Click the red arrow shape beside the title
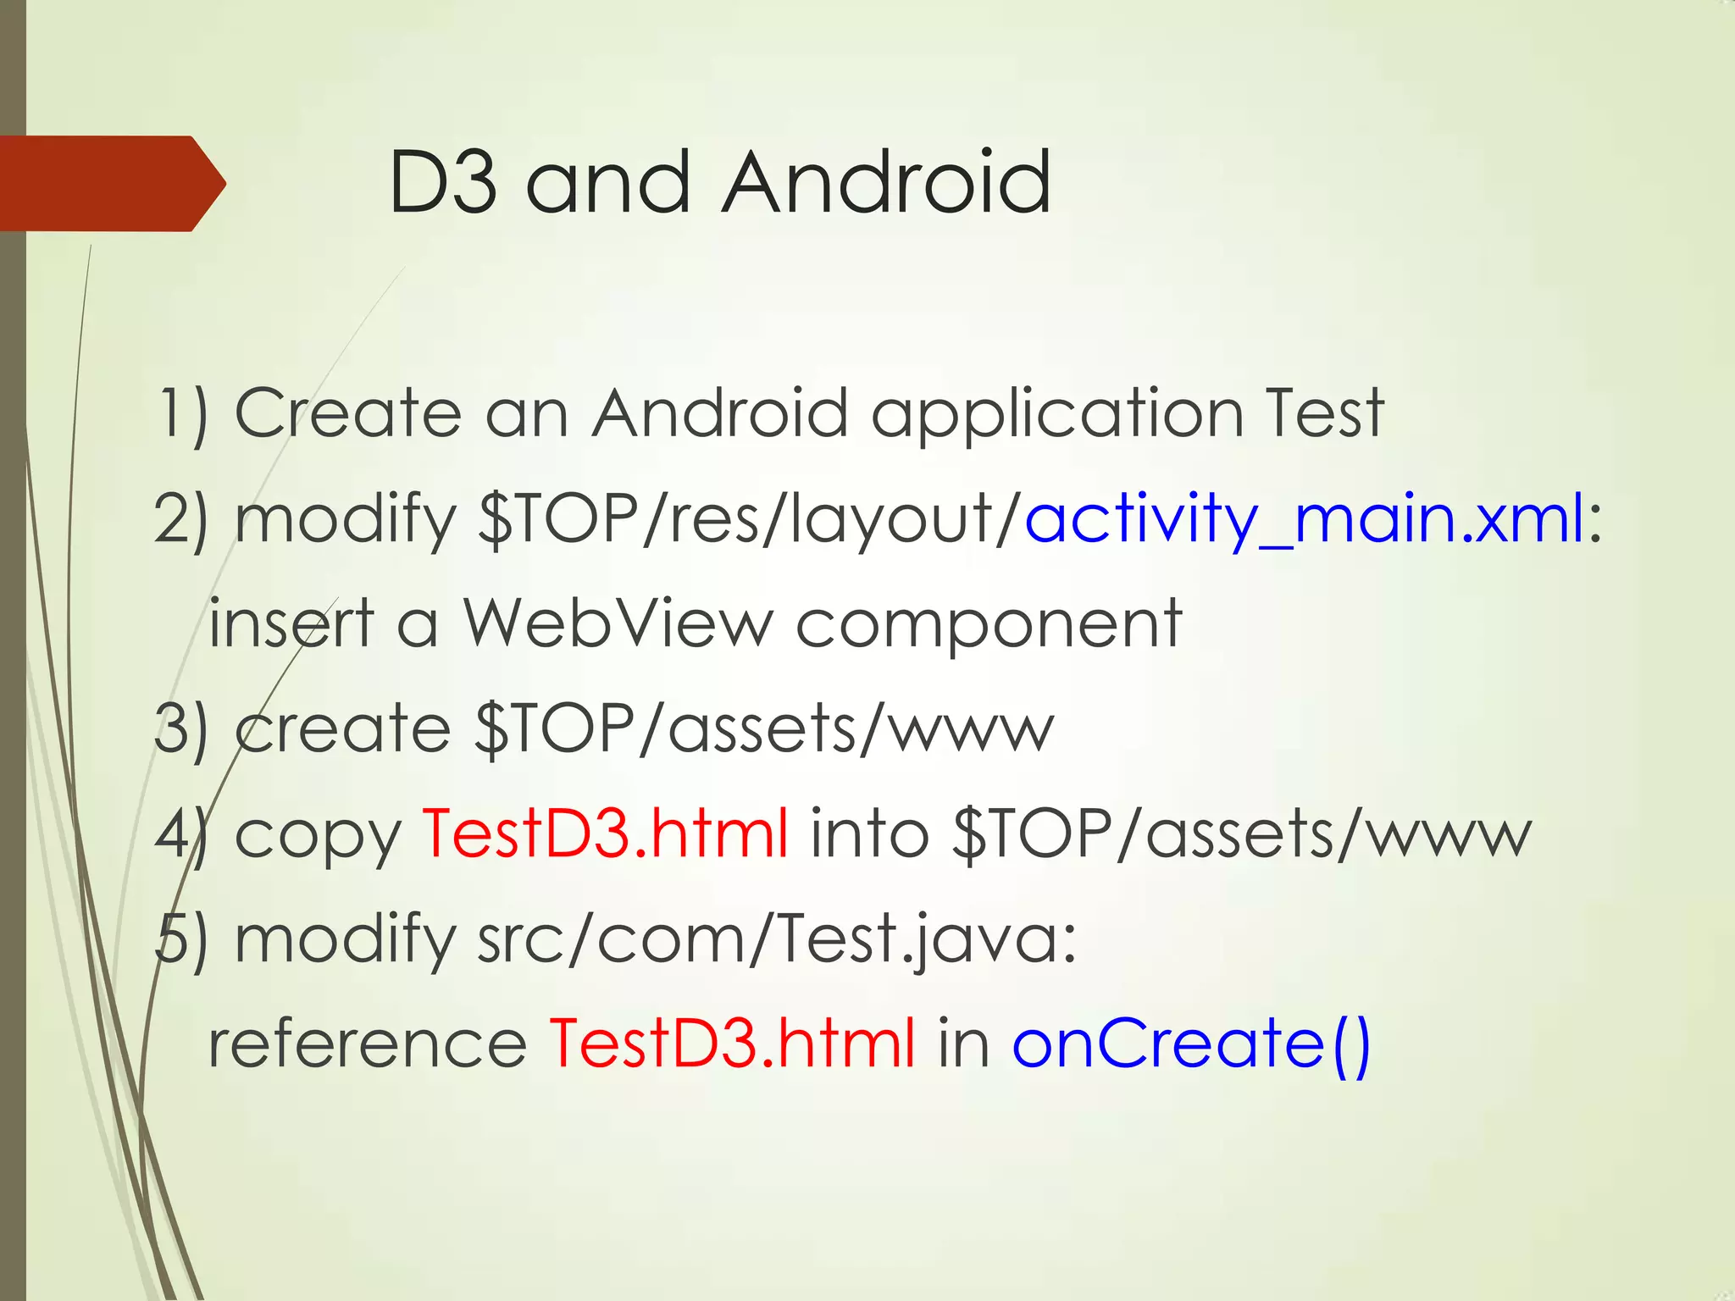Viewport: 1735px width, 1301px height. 110,183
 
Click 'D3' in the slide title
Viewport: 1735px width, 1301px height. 442,182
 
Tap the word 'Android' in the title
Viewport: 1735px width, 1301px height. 887,182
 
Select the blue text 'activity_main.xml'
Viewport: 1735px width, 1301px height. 1305,518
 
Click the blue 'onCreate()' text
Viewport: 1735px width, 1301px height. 1190,1044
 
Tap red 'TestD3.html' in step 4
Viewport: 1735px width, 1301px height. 605,833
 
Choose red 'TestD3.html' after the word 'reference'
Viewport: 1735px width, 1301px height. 732,1044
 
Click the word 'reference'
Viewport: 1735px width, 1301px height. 368,1044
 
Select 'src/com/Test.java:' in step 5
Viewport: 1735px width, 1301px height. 776,940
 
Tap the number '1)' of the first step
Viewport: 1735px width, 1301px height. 183,413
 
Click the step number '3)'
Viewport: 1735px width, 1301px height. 181,728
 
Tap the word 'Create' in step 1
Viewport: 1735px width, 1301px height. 348,413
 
